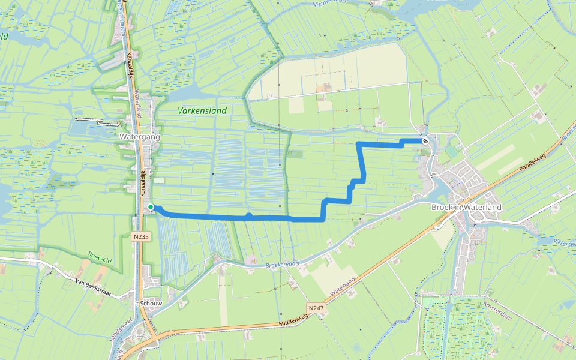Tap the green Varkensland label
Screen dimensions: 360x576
tap(202, 110)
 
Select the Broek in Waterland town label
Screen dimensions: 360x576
tap(466, 207)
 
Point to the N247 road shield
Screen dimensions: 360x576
tap(316, 308)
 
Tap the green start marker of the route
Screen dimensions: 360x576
tap(151, 207)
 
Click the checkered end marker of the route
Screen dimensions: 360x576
tap(425, 141)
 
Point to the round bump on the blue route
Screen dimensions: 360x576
tap(249, 215)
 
